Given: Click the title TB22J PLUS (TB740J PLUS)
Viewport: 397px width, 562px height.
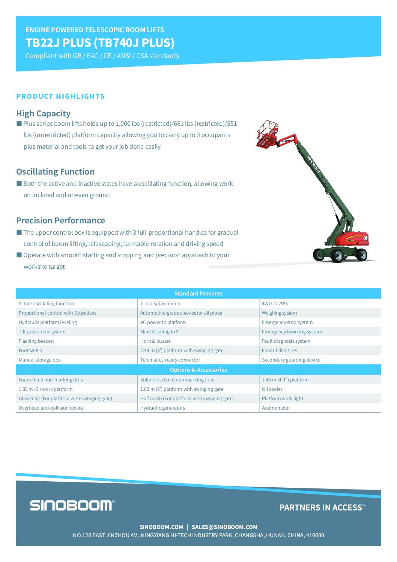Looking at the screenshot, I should [x=100, y=43].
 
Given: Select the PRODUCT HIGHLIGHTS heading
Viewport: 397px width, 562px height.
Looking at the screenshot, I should [x=60, y=96].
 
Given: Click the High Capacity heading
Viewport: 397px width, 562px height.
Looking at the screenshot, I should [x=43, y=113].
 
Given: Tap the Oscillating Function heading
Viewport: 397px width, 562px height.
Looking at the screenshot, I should [x=55, y=172].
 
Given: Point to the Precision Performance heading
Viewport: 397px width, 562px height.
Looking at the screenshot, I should [x=60, y=220].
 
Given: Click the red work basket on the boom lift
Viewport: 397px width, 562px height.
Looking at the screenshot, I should [x=267, y=134].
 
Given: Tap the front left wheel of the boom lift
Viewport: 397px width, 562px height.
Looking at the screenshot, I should [x=337, y=256].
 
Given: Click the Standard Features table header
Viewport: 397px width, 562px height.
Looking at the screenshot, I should [x=198, y=294].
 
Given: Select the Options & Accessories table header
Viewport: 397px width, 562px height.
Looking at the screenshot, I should [x=198, y=370].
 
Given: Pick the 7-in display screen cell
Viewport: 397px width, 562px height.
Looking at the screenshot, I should [x=160, y=303].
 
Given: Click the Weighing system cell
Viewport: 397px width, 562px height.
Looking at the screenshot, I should [x=279, y=313].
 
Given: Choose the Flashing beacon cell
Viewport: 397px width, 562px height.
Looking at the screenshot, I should [x=36, y=341].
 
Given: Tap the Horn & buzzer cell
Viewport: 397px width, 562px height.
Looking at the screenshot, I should [x=155, y=341].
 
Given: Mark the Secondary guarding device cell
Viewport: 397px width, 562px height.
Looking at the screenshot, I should [x=291, y=360].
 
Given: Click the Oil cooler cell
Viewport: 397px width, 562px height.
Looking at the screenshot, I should [x=272, y=389].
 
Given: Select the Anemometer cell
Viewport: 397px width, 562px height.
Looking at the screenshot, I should [x=276, y=408].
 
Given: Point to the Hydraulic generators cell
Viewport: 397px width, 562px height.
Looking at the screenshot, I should [x=162, y=408].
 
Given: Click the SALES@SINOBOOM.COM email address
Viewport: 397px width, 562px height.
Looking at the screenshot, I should [x=224, y=527].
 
